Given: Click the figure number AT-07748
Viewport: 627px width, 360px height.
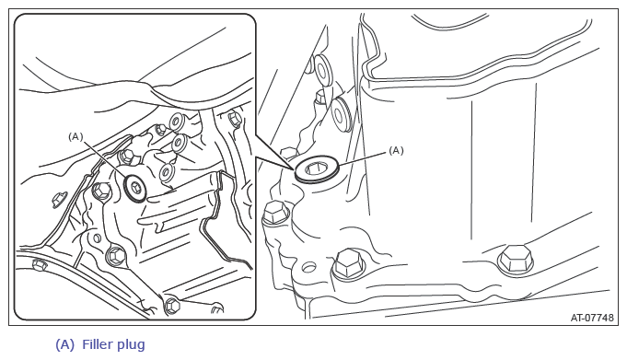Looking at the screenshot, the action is (x=592, y=318).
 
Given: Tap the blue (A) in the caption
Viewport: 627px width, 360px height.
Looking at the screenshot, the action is (x=64, y=344).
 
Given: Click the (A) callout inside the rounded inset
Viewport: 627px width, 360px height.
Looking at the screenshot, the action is (x=75, y=137).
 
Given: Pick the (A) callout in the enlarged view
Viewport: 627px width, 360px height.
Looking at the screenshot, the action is (x=396, y=150).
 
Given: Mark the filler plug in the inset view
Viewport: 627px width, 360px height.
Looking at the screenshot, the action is (x=135, y=187).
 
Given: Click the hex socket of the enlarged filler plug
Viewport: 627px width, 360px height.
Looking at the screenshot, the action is (x=317, y=169).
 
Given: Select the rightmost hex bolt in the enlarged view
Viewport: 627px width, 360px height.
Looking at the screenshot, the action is (x=516, y=260).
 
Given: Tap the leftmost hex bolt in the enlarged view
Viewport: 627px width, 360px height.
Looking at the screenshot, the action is (x=275, y=212).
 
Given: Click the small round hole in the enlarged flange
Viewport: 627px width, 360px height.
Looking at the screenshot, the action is (x=308, y=266).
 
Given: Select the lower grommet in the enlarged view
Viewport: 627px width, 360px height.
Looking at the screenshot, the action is (x=342, y=113).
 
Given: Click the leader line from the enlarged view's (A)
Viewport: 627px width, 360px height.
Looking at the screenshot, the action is (x=362, y=157).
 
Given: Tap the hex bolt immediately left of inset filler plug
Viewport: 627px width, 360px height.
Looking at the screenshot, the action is (x=101, y=191).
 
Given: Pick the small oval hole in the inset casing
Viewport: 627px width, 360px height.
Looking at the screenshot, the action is (x=97, y=238).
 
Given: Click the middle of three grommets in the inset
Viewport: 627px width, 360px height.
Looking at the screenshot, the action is (x=179, y=144).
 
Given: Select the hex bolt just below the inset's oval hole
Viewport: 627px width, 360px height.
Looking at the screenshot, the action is (x=116, y=254).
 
